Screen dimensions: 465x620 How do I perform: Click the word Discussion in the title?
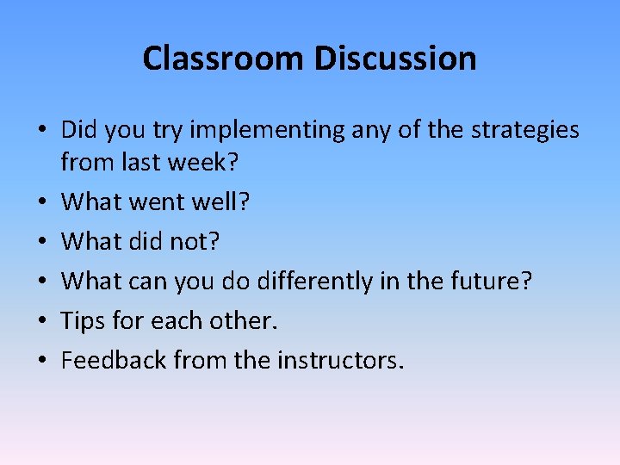395,59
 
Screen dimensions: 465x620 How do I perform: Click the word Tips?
84,321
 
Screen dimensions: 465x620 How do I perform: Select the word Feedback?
114,360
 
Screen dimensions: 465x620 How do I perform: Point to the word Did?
79,130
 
